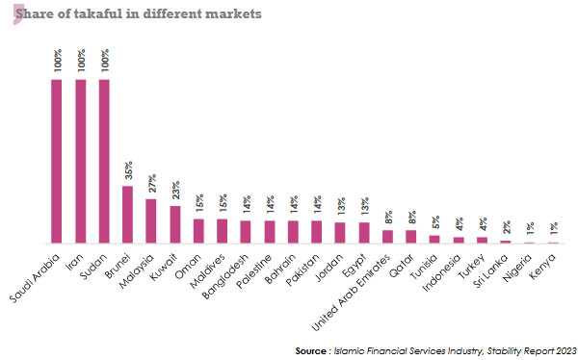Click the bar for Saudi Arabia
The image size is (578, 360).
tap(57, 161)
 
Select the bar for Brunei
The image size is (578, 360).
tap(127, 215)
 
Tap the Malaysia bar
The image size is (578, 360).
tap(151, 220)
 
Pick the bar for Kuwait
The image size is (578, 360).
tap(174, 224)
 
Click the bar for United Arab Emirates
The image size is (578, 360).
tap(387, 237)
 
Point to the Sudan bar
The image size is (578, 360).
tap(104, 161)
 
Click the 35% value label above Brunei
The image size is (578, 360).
tap(128, 171)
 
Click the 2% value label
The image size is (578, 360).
tap(506, 230)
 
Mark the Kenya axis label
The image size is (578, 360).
tap(544, 261)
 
